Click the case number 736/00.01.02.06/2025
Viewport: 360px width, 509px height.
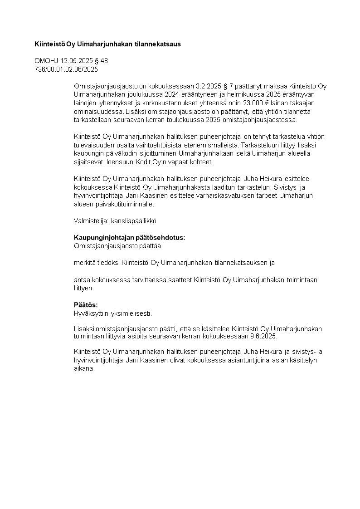coord(66,69)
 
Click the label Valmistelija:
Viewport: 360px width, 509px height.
coord(88,221)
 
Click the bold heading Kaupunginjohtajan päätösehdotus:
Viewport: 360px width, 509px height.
coord(129,238)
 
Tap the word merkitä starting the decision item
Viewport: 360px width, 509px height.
coord(85,262)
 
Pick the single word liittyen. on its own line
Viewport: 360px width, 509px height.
coord(84,288)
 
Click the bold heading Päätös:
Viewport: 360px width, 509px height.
coord(86,305)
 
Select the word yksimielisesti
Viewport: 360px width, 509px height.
coord(131,313)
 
